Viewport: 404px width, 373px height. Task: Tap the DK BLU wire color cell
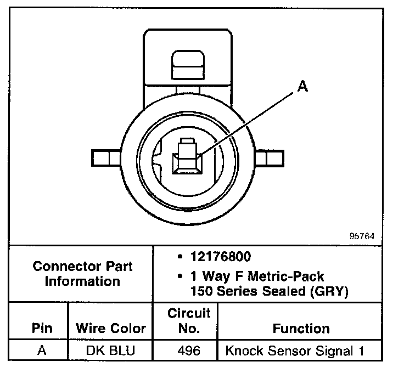click(109, 351)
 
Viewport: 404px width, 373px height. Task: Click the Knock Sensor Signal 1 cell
click(295, 351)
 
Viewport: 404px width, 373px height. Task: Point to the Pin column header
click(42, 329)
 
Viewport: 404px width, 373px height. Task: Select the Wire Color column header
click(110, 329)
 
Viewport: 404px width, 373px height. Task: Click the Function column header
click(301, 329)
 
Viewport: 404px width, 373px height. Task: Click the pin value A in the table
click(42, 351)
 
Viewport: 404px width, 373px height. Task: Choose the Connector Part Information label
click(82, 274)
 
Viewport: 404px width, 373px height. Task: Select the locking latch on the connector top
click(187, 66)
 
